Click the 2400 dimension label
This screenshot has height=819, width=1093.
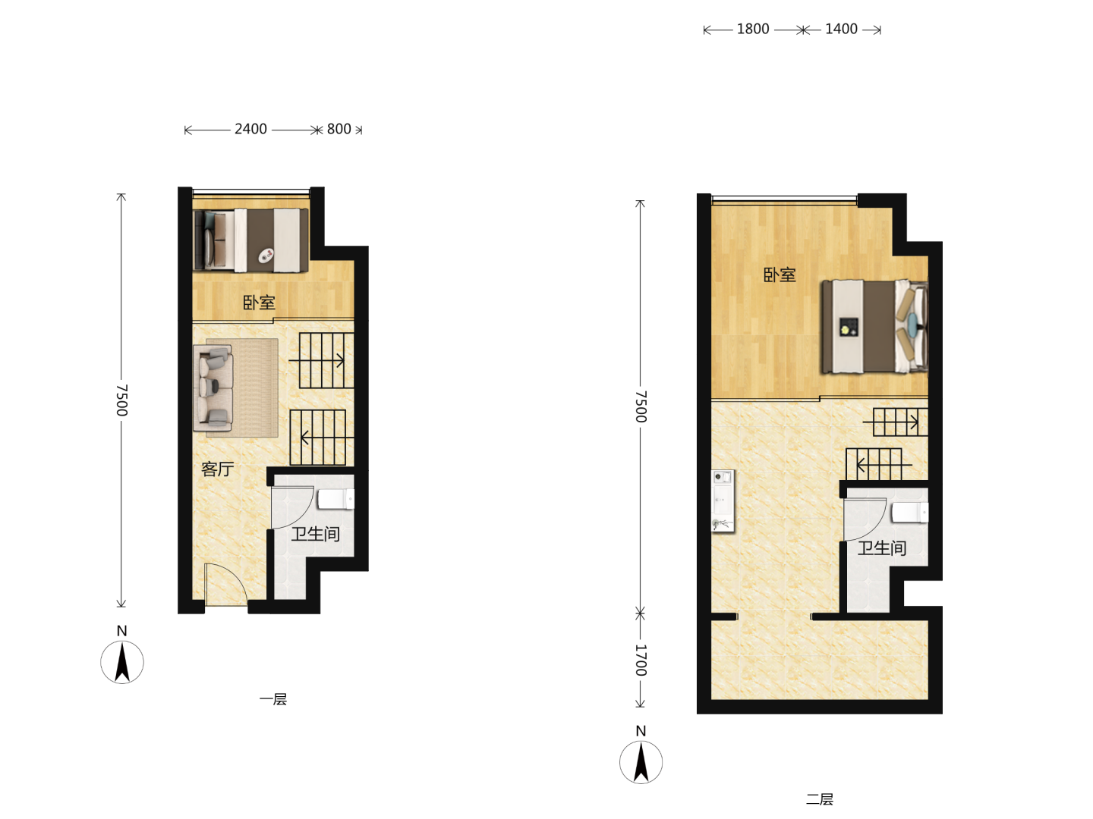coord(250,129)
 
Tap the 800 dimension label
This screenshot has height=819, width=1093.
coord(339,129)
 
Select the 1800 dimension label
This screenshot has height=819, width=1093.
coord(753,30)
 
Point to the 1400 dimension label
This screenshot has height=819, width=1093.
coord(841,30)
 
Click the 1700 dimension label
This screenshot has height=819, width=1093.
coord(641,660)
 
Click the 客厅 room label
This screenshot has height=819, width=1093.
coord(218,469)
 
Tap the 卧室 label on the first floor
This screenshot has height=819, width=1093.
coord(259,303)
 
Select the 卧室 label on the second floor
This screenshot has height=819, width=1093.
coord(780,275)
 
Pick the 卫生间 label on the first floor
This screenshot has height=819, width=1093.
coord(316,534)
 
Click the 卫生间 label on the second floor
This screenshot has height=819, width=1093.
coord(882,548)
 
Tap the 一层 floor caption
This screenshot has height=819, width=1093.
coord(273,700)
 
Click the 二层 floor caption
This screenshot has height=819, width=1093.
coord(820,799)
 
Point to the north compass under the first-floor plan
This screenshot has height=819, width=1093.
coord(122,661)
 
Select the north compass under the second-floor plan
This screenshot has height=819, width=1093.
coord(641,762)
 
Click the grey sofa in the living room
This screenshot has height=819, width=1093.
coord(213,388)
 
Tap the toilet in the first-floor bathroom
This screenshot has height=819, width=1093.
coord(335,499)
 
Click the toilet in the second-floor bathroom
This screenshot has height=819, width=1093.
coord(910,513)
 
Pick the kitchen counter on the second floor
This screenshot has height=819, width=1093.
coord(723,500)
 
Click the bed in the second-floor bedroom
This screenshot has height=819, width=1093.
coord(875,326)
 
